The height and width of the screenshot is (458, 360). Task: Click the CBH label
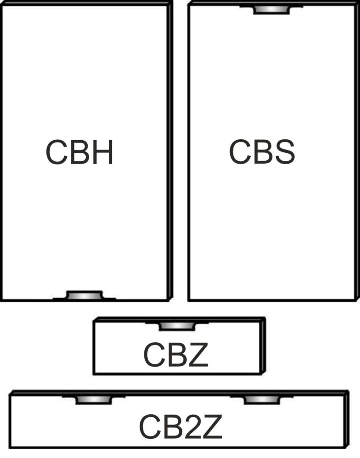click(79, 152)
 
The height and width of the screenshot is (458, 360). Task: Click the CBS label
click(262, 151)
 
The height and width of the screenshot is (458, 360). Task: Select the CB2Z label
click(180, 427)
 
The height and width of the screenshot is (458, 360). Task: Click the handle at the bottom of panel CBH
click(85, 295)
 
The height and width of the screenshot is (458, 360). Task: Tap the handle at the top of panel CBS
click(271, 10)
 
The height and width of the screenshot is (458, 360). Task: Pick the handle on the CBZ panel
click(177, 326)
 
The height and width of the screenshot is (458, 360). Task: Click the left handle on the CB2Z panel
click(94, 400)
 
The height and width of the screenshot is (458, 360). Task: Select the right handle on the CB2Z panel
click(262, 400)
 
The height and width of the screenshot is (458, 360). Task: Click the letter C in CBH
click(57, 152)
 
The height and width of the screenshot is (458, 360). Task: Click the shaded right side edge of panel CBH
click(170, 151)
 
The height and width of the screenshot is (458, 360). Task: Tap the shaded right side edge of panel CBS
click(357, 151)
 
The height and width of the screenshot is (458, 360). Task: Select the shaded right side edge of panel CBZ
click(263, 345)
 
